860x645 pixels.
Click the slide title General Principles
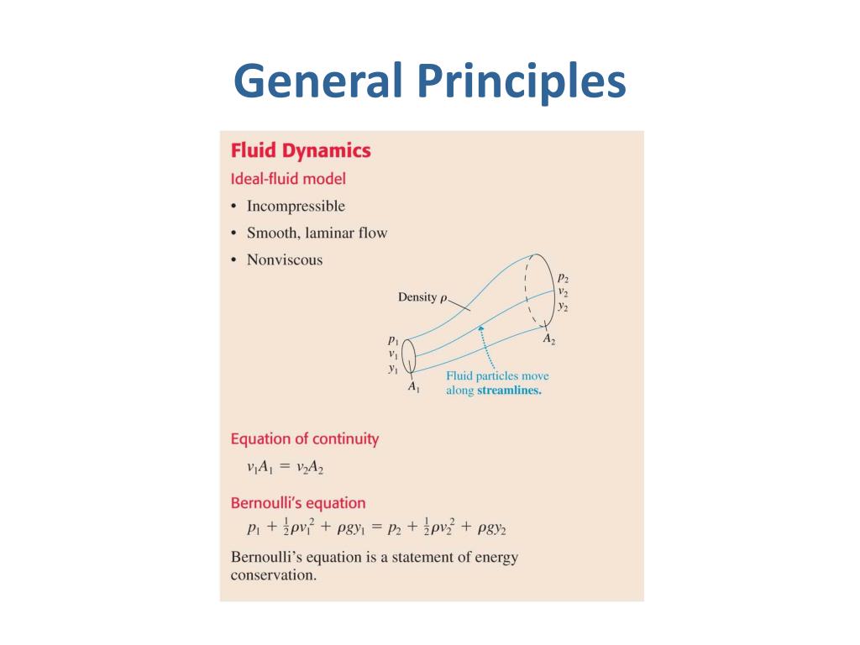tap(429, 81)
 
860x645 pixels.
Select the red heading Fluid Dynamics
tap(300, 151)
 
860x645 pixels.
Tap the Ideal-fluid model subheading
tap(288, 179)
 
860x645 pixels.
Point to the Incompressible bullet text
tap(296, 207)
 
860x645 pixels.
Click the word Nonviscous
tap(284, 260)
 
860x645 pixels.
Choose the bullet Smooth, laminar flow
tap(317, 233)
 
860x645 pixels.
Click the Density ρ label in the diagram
tap(422, 297)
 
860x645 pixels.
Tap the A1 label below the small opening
tap(413, 387)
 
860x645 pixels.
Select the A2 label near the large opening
tap(548, 339)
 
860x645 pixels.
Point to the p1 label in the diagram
tap(392, 340)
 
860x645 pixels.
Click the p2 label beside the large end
tap(563, 278)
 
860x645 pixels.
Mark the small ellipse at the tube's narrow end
tap(409, 355)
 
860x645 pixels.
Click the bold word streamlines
tap(509, 391)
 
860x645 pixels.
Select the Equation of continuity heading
tap(304, 439)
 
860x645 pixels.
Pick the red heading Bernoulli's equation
tap(298, 503)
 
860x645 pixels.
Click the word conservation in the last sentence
tap(272, 575)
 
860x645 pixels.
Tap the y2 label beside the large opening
tap(563, 307)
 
